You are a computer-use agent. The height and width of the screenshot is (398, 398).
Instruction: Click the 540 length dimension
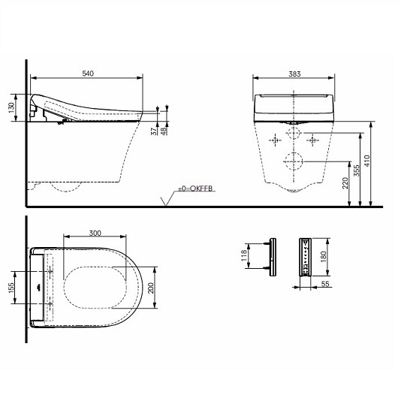(88, 74)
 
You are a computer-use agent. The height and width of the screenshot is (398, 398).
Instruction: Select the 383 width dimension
(294, 74)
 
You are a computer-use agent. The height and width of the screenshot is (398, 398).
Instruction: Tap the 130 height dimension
(11, 108)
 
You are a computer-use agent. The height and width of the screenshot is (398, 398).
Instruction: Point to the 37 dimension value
(154, 131)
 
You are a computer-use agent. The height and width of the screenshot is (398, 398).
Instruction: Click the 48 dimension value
(164, 131)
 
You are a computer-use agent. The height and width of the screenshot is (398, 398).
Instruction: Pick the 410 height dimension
(367, 161)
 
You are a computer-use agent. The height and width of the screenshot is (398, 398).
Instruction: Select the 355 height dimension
(357, 170)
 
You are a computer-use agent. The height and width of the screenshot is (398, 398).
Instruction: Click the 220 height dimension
(345, 183)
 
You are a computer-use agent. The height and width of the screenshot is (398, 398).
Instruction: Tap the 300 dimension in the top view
(95, 233)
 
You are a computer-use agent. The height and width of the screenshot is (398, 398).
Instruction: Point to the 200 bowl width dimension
(151, 288)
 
